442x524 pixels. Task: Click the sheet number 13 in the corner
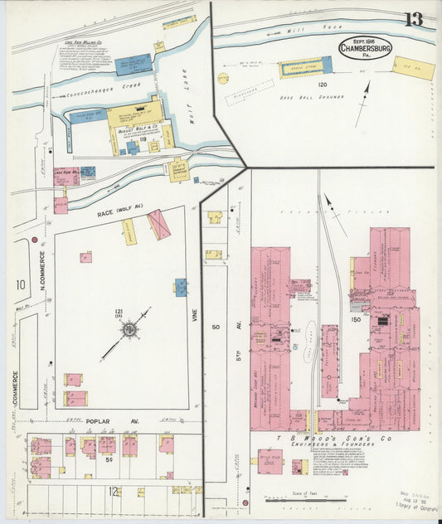point(413,18)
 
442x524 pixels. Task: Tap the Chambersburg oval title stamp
point(366,46)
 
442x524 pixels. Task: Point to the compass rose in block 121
point(129,330)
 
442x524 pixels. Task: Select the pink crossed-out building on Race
point(158,224)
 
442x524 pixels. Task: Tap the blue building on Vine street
point(181,287)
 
